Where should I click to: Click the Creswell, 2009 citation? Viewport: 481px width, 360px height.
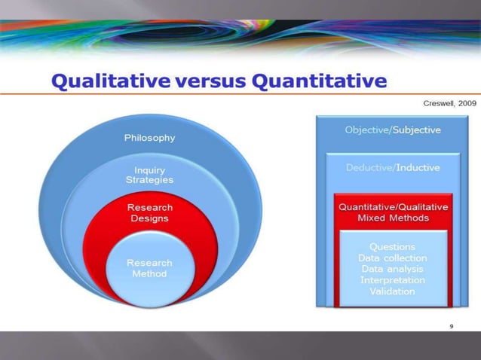449,102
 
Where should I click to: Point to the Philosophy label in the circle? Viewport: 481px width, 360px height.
150,138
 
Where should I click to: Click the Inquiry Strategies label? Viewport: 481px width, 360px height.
149,175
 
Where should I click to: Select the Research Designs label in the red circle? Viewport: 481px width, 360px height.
149,212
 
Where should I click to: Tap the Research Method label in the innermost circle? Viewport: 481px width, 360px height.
149,268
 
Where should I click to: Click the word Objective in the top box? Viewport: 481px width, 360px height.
366,130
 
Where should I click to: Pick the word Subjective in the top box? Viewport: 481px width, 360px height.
415,130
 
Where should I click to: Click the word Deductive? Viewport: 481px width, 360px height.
367,167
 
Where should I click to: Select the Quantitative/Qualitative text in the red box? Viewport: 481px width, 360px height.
393,206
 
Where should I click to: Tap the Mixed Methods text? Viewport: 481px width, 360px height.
393,218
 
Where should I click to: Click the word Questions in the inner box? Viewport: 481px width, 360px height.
392,246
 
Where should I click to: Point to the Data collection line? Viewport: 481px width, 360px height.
392,258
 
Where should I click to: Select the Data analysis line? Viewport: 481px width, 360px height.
392,269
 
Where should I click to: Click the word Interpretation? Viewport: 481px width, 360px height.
392,280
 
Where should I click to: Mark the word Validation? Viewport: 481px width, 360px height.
392,291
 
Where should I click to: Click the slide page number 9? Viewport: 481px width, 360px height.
451,326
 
